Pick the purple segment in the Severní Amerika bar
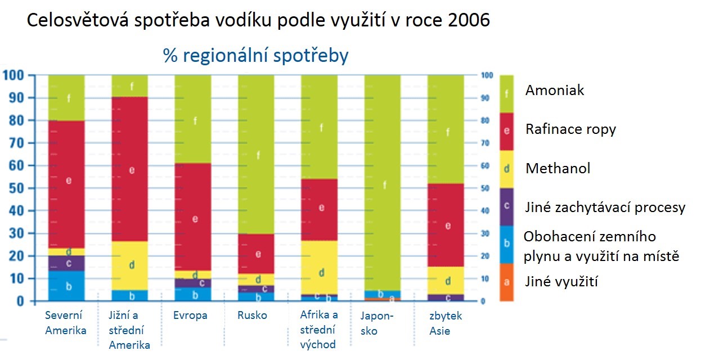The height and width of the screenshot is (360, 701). point(66,263)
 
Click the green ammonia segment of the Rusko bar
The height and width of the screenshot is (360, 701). point(257,155)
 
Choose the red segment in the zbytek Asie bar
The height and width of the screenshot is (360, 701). point(446,225)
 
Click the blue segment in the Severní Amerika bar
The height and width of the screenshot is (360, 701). point(66,286)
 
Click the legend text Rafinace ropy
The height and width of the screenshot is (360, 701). point(570,129)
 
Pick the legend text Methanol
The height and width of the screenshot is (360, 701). point(558,168)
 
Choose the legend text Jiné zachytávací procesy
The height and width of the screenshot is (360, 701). point(605,208)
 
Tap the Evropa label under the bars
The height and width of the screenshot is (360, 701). point(190,316)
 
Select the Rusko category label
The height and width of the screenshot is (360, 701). point(252,316)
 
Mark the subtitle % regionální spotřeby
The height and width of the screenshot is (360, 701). point(256,56)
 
